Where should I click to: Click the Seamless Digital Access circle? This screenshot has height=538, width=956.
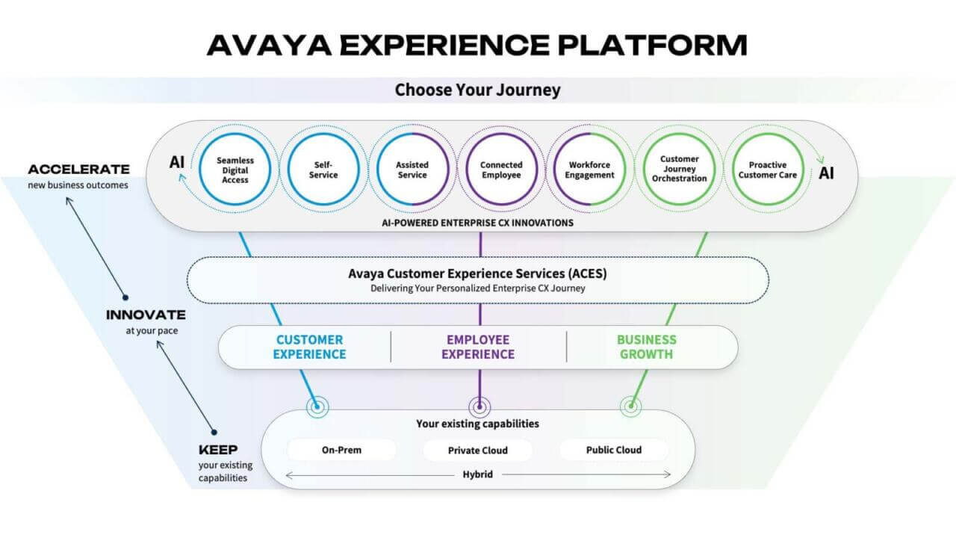234,170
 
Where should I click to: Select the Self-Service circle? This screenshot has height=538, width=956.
323,170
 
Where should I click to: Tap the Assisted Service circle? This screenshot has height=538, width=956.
412,170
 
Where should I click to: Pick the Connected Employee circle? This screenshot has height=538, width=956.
501,170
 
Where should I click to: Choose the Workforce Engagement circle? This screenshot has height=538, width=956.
591,170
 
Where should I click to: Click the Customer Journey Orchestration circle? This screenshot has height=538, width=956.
679,169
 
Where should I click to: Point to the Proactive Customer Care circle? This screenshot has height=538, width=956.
768,170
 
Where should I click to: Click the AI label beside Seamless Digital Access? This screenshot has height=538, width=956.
177,162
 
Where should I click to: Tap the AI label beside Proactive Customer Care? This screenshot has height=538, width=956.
826,173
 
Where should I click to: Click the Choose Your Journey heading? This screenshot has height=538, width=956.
477,90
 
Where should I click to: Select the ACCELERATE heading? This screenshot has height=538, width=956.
79,170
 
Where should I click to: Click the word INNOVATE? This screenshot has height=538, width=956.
146,315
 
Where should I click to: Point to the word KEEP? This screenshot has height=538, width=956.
218,450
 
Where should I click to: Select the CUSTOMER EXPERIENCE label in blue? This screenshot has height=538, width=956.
309,347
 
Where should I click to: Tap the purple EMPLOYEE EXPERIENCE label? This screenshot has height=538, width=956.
478,347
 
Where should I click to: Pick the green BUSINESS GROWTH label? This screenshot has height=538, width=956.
646,347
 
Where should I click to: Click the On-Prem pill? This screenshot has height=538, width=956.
341,450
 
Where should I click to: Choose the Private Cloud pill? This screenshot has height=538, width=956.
477,450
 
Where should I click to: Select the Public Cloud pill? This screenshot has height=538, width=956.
612,450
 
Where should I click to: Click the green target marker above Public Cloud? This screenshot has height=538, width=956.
630,406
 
